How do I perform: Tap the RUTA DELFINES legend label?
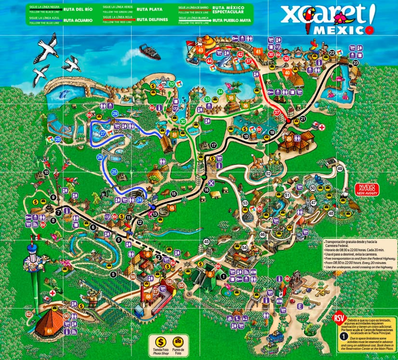(x=152, y=20)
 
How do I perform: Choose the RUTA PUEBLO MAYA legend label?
(x=232, y=20)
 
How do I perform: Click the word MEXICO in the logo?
(x=339, y=30)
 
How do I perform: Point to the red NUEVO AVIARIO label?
(x=367, y=189)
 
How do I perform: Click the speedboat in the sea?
(x=148, y=50)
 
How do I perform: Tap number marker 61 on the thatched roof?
(x=50, y=331)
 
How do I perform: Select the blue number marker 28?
(x=58, y=140)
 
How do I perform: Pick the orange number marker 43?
(x=200, y=49)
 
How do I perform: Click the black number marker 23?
(x=356, y=63)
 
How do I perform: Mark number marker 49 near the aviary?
(x=340, y=168)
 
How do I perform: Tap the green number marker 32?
(x=172, y=84)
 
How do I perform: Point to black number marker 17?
(x=213, y=145)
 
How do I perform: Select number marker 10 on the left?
(x=46, y=172)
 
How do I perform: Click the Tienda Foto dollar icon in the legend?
(x=157, y=340)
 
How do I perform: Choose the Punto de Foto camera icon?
(x=177, y=340)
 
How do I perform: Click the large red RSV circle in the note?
(x=338, y=318)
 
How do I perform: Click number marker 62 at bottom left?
(x=29, y=314)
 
